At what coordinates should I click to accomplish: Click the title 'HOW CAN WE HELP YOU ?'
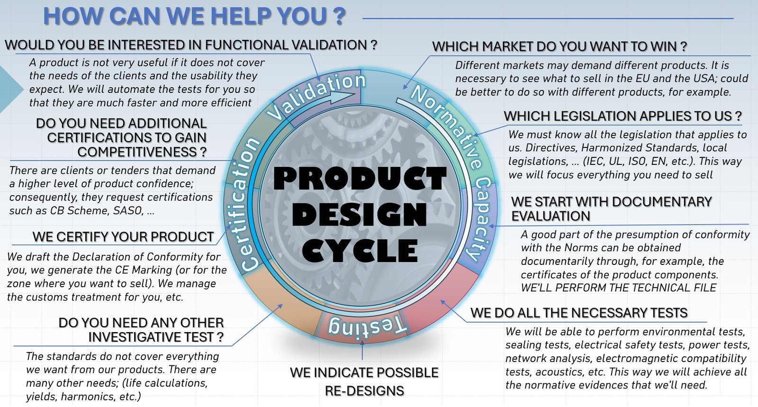click(x=195, y=16)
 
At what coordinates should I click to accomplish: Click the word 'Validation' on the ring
click(x=316, y=95)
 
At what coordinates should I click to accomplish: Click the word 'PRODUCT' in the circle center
click(x=360, y=179)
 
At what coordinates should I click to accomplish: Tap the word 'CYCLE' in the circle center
click(x=360, y=251)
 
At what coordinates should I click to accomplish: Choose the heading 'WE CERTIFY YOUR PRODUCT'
click(x=123, y=237)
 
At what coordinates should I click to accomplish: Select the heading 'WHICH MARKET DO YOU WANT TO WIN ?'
click(x=559, y=47)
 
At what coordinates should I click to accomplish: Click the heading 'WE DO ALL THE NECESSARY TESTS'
click(x=579, y=313)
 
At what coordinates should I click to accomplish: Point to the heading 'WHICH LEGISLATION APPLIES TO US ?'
click(x=623, y=117)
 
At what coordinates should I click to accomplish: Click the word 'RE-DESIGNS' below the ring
click(x=364, y=391)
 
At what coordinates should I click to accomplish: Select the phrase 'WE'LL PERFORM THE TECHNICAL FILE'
click(x=619, y=288)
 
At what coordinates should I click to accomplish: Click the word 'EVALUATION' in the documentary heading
click(x=551, y=216)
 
